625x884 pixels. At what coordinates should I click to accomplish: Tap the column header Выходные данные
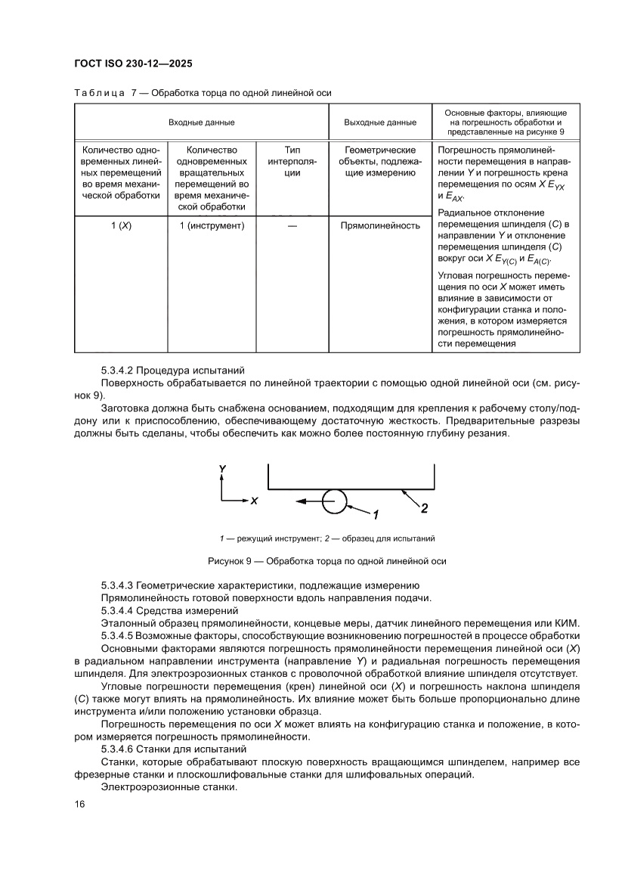coord(379,122)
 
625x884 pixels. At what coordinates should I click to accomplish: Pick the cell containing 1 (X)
coord(120,225)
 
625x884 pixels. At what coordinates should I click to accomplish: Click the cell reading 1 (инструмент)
coord(212,225)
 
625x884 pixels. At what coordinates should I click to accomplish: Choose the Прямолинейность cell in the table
coord(379,225)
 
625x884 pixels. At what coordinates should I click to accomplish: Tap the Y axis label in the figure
coord(221,470)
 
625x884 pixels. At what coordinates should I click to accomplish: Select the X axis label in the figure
coord(255,501)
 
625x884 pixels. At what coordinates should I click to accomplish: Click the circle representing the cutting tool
coord(335,501)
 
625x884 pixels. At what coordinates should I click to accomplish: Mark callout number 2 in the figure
coord(424,508)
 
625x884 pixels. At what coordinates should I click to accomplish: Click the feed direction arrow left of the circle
coord(307,501)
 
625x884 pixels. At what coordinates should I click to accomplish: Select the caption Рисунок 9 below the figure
coord(326,561)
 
